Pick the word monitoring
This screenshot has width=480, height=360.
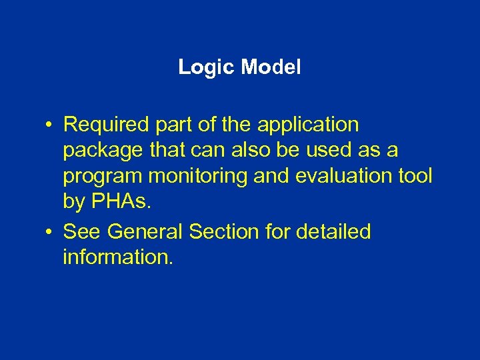click(198, 177)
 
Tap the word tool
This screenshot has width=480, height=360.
click(415, 176)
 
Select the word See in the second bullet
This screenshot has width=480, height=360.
click(82, 232)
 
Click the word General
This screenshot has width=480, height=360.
click(145, 232)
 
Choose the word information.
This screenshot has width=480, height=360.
click(117, 257)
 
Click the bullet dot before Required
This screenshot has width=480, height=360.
click(50, 125)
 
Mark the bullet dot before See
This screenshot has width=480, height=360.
click(50, 233)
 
